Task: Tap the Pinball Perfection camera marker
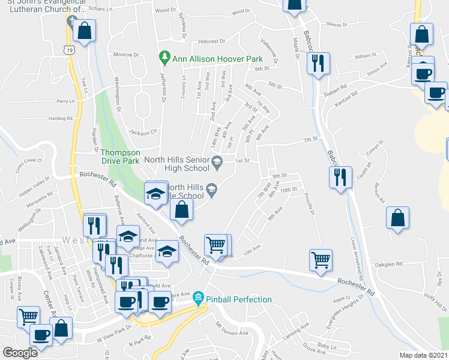point(198,298)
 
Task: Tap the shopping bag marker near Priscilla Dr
point(397,219)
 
